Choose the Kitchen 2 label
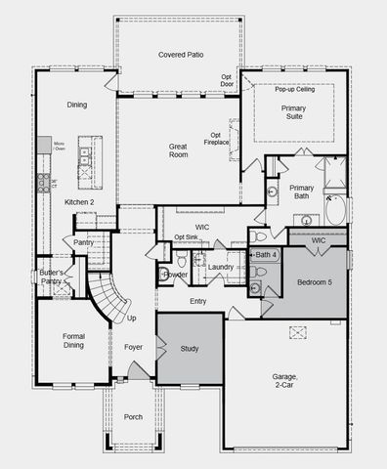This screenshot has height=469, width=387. coord(79,202)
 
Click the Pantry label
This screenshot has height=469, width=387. coord(84,242)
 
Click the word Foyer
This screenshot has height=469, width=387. coord(134,347)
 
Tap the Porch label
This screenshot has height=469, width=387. coord(134,417)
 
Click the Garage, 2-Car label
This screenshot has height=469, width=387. coord(286,382)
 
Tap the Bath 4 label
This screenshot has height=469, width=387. coord(266,254)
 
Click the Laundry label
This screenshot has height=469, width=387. coord(221,267)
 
